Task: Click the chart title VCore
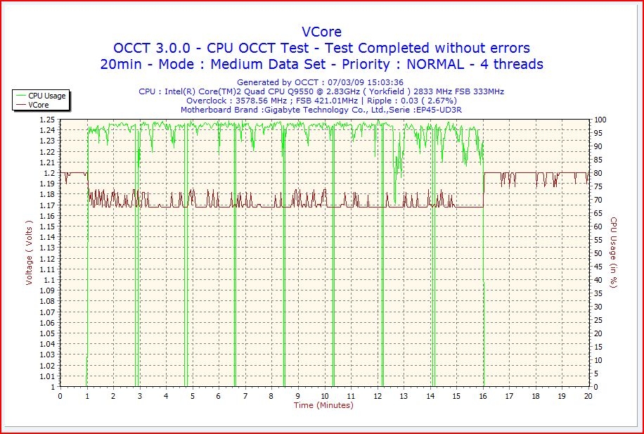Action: click(321, 32)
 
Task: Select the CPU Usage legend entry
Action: click(47, 96)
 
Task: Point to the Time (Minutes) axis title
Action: click(323, 405)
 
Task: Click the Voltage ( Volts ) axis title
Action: click(30, 252)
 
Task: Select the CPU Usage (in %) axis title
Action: click(613, 252)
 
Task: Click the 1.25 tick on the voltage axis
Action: click(47, 120)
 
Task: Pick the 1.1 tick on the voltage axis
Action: click(49, 280)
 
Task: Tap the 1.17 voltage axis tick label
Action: click(47, 205)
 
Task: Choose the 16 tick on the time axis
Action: click(483, 396)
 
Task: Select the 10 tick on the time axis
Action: click(325, 396)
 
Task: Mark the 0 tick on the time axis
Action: click(60, 396)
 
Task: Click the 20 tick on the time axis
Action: click(588, 396)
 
